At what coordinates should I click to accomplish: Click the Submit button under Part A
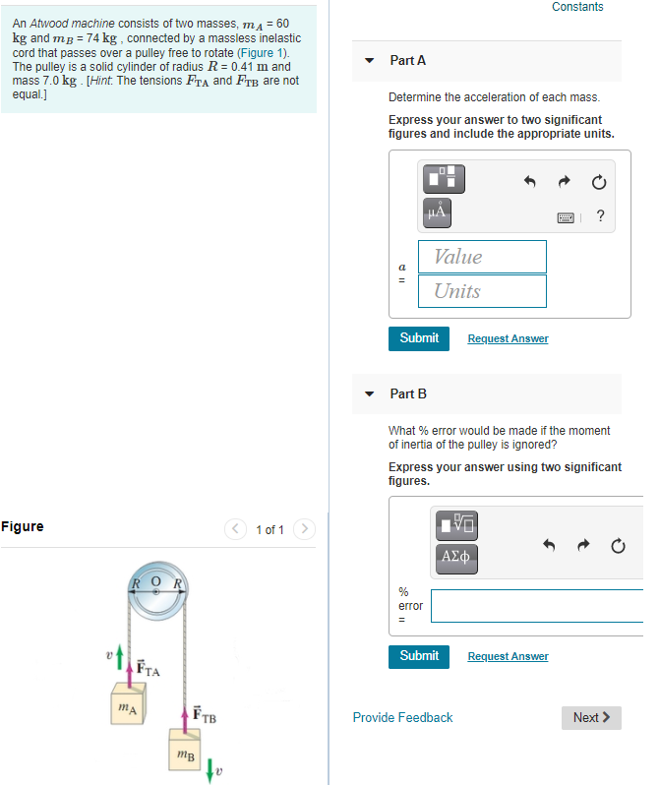pos(419,338)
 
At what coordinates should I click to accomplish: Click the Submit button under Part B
pos(419,656)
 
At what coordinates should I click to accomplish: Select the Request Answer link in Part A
pos(508,338)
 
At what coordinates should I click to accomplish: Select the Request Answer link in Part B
pos(508,656)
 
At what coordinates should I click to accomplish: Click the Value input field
pos(482,257)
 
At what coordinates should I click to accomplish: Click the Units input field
pos(482,291)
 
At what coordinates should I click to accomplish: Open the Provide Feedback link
pos(402,718)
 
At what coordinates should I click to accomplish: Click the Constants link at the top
pos(577,7)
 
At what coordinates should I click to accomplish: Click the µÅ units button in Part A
pos(437,211)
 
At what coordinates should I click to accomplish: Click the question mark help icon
pos(600,217)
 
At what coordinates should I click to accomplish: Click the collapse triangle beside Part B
pos(370,394)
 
